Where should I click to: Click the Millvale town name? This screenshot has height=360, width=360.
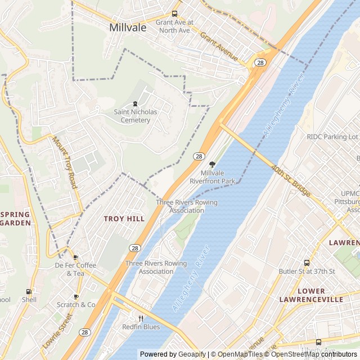(x=128, y=27)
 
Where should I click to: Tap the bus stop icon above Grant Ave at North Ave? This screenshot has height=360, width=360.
(x=174, y=14)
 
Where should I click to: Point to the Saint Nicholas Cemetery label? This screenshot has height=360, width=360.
(x=136, y=116)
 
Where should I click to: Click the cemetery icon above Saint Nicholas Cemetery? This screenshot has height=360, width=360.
(x=135, y=103)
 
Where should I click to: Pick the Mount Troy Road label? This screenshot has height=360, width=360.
(x=65, y=162)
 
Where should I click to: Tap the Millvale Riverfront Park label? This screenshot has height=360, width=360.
(x=212, y=177)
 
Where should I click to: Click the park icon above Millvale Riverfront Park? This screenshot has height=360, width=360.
(x=211, y=164)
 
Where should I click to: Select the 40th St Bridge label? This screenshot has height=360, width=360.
(x=290, y=181)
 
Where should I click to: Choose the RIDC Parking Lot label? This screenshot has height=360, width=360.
(x=332, y=137)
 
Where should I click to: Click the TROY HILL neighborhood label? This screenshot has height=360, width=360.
(x=124, y=218)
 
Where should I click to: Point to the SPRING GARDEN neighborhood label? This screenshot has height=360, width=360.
(x=15, y=218)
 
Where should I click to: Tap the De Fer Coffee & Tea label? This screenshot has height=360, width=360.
(x=75, y=269)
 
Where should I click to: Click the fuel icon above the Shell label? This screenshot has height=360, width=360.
(x=29, y=291)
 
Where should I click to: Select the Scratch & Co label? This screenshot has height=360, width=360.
(x=76, y=304)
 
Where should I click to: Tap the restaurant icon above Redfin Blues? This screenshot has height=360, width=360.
(x=141, y=318)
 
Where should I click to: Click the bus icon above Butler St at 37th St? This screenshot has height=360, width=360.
(x=307, y=263)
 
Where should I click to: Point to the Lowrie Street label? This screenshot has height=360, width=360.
(x=58, y=331)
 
